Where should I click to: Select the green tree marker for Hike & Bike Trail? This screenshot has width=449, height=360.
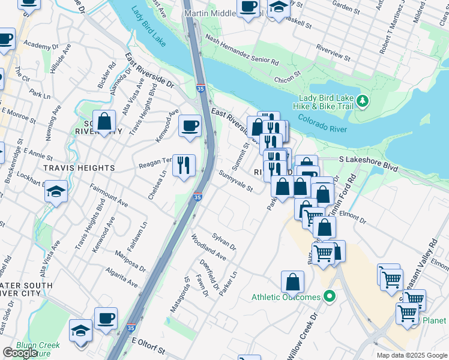point(362,101)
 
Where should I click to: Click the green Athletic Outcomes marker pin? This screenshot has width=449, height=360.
point(329,297)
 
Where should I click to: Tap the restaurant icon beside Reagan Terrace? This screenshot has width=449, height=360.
point(184,164)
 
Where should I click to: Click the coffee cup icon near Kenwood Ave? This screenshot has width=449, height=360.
point(190,126)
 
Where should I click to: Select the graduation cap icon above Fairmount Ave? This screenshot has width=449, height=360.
point(56,191)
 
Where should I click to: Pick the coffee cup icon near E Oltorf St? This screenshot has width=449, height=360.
point(106,319)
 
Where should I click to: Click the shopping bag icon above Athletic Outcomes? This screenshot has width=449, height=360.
point(292,281)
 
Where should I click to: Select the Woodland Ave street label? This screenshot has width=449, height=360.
point(208,251)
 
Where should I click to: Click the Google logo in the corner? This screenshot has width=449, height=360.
point(20,353)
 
